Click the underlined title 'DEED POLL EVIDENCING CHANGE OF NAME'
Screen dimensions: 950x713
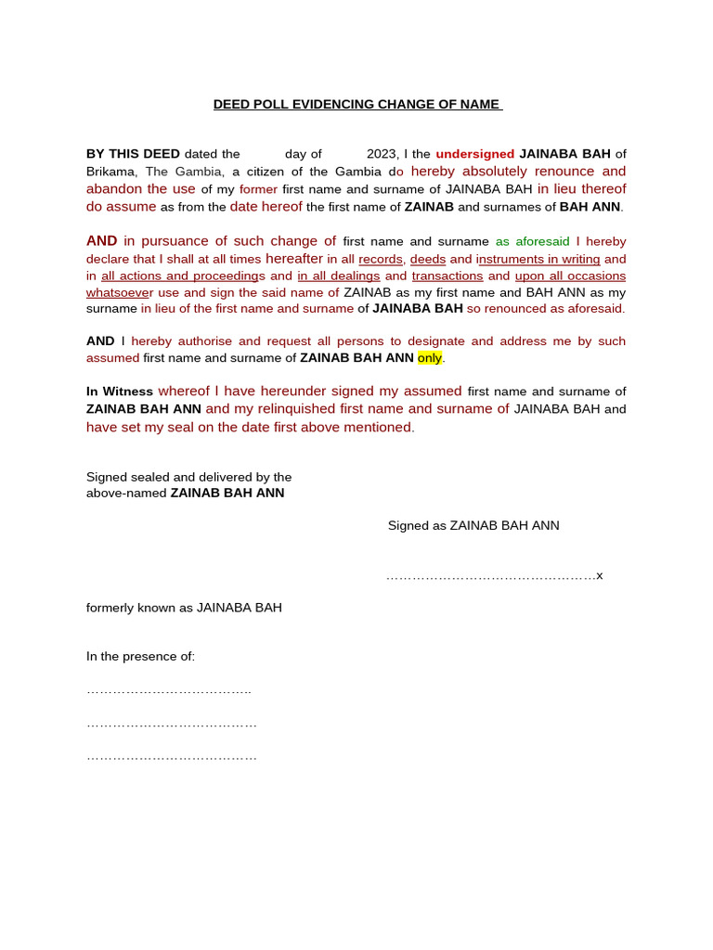click(x=357, y=104)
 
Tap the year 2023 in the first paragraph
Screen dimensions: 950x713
click(x=382, y=154)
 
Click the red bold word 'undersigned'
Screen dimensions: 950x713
click(x=474, y=154)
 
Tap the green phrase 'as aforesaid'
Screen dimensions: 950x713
click(x=532, y=241)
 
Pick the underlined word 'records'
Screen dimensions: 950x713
click(x=381, y=259)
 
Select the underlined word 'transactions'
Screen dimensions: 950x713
click(x=447, y=276)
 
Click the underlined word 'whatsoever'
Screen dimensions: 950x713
click(x=120, y=292)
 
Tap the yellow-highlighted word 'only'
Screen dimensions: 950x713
click(x=430, y=358)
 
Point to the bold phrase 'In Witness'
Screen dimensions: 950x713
click(x=120, y=392)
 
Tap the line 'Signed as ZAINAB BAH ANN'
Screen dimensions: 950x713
click(x=473, y=526)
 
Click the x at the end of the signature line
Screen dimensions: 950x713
click(x=600, y=575)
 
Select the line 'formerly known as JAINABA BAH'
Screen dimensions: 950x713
click(x=184, y=608)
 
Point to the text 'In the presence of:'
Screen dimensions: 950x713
click(x=140, y=657)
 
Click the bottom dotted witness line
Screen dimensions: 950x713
click(x=171, y=757)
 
